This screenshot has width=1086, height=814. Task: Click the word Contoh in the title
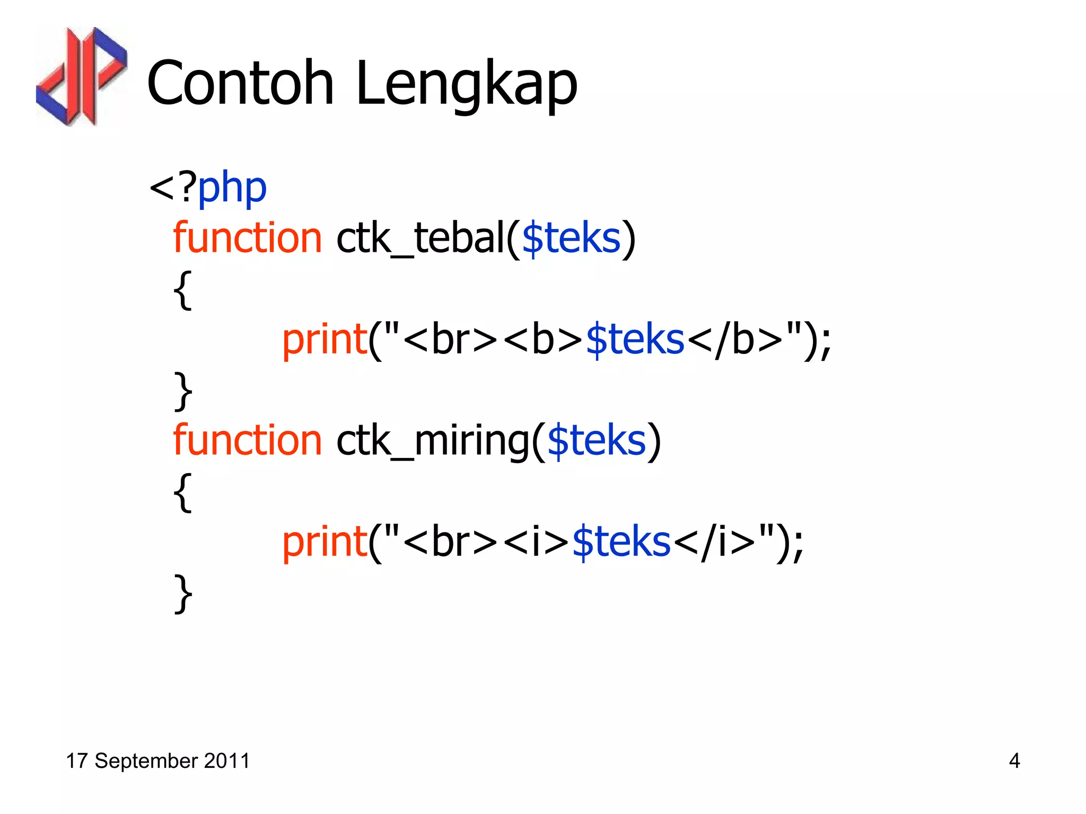[240, 83]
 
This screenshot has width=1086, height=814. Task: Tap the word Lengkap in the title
[467, 85]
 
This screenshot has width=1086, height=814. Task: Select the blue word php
[232, 189]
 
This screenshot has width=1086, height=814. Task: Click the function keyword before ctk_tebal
[247, 237]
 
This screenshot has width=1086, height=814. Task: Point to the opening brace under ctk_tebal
[183, 290]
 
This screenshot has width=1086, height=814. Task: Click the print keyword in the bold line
[325, 340]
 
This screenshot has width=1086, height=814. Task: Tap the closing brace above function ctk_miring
[183, 391]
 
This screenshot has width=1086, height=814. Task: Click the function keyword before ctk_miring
[247, 440]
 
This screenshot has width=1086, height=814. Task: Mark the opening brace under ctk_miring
[183, 492]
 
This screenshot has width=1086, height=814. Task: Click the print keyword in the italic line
[325, 543]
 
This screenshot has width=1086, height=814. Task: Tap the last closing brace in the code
[183, 594]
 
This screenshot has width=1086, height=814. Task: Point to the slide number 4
[1014, 761]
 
